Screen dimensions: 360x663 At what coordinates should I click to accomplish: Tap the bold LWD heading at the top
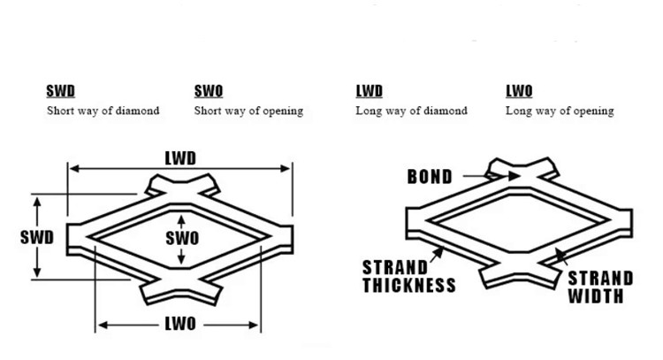[x=369, y=91]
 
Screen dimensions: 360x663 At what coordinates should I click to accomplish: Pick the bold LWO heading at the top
[x=519, y=91]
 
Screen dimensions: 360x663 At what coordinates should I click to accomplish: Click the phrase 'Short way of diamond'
[x=103, y=111]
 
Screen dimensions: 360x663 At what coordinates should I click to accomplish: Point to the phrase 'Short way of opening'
[x=248, y=111]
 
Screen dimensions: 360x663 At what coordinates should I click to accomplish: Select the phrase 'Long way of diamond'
[x=411, y=111]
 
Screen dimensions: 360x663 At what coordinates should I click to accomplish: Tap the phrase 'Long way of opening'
[x=560, y=111]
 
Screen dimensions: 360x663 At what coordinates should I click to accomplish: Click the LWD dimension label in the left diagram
[x=180, y=158]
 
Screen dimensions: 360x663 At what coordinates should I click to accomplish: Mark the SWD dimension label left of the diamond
[x=37, y=237]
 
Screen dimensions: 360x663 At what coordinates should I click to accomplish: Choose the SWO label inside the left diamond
[x=182, y=237]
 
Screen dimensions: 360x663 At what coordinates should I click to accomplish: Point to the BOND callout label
[x=430, y=177]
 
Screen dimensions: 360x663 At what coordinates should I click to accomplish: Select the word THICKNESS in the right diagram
[x=408, y=285]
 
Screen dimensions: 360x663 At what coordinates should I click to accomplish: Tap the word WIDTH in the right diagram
[x=597, y=295]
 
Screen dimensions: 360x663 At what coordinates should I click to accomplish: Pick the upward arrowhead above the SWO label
[x=182, y=219]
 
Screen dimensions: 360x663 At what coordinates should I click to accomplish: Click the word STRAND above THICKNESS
[x=393, y=267]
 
